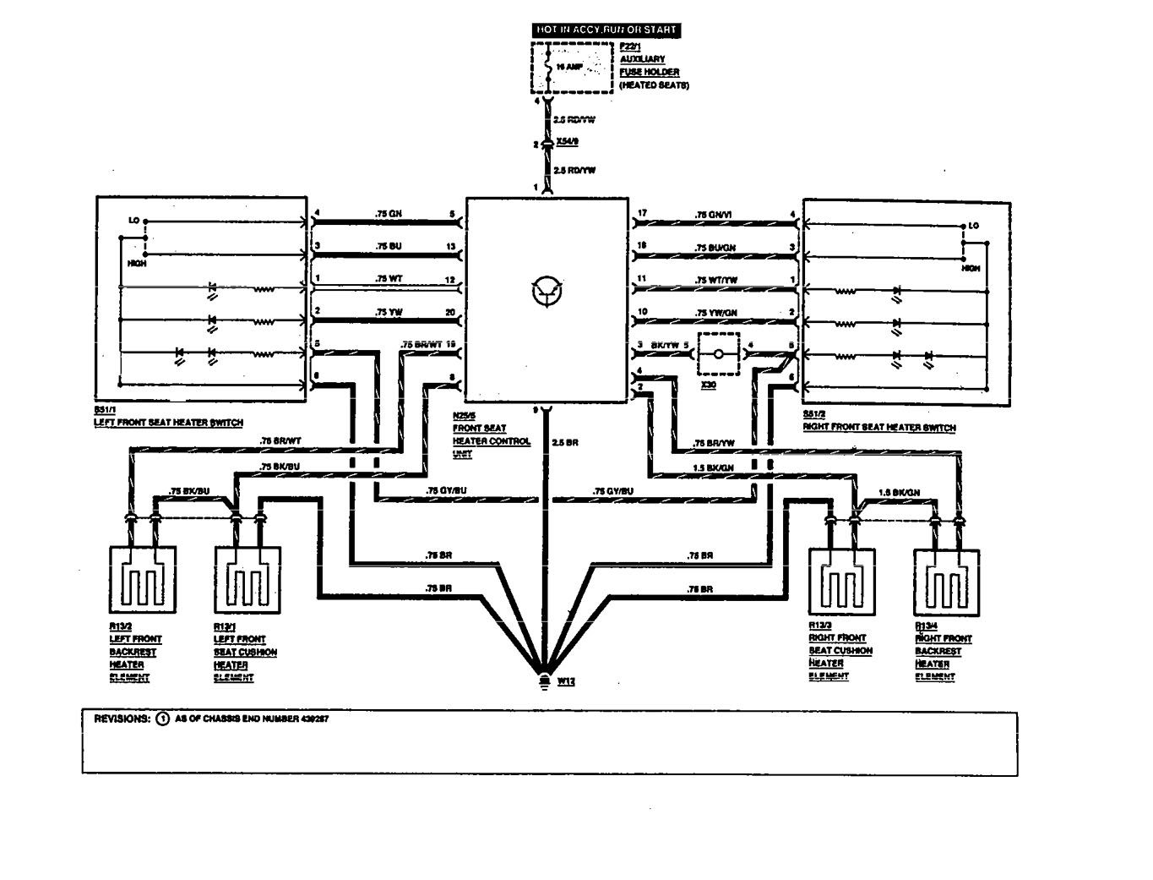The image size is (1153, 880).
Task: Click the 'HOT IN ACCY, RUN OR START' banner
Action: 606,30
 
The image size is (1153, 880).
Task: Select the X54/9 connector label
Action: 568,145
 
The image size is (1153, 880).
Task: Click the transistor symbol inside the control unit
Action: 544,292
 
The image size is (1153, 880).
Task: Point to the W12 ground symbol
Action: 545,680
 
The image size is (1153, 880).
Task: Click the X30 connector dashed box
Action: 719,354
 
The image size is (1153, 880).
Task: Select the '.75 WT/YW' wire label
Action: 716,280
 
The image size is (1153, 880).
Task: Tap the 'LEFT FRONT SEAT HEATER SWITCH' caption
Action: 169,423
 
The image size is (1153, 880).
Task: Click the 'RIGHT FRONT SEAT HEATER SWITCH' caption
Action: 879,428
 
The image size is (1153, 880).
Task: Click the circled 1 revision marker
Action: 162,719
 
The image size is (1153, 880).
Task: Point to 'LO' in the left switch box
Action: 133,221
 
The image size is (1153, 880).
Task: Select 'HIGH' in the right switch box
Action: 971,268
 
